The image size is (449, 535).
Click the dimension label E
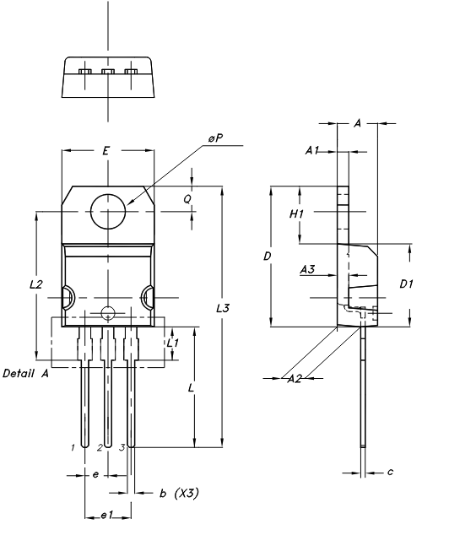click(x=106, y=150)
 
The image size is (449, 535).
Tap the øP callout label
click(x=215, y=138)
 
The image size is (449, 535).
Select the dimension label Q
click(x=187, y=199)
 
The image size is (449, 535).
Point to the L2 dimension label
click(x=35, y=284)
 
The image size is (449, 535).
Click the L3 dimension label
click(x=223, y=309)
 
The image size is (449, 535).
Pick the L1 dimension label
click(x=173, y=343)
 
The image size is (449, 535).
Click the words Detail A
click(x=25, y=373)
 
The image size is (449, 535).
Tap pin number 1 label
click(x=73, y=447)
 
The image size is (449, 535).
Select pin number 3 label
click(x=122, y=447)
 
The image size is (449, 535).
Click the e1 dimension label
click(x=107, y=516)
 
